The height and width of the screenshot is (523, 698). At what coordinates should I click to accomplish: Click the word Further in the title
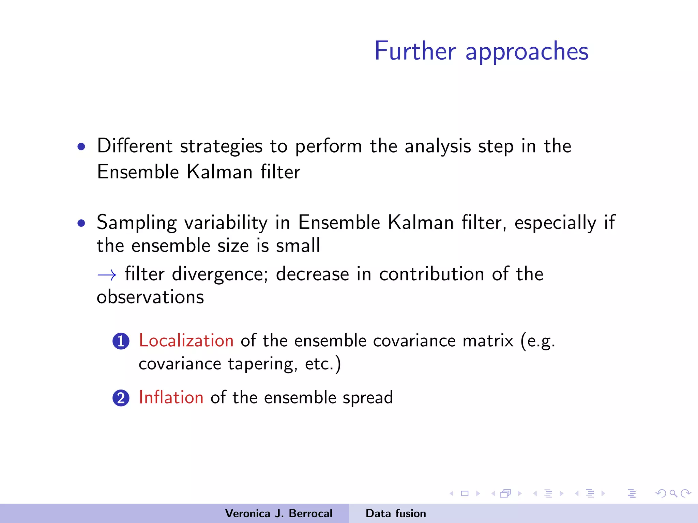[415, 51]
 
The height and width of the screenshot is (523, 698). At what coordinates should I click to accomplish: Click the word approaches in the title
[527, 52]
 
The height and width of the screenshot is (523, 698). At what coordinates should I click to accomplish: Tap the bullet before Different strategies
[81, 147]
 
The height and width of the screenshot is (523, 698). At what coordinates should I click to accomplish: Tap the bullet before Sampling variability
[81, 223]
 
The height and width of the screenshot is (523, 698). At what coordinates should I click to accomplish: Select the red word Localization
[186, 340]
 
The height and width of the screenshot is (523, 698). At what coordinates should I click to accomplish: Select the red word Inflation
[171, 397]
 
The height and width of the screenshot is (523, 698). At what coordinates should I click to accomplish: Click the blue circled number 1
[121, 341]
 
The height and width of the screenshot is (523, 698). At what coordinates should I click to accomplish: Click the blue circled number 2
[121, 398]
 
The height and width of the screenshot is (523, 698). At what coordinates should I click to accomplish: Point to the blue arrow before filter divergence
[107, 274]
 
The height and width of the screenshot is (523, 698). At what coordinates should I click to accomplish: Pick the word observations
[150, 297]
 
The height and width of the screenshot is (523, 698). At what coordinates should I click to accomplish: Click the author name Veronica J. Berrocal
[278, 513]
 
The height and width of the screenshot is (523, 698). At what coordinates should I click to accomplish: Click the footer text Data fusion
[396, 513]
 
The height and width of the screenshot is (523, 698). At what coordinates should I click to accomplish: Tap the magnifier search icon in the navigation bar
[673, 493]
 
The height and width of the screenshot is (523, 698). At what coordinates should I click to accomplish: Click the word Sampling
[137, 223]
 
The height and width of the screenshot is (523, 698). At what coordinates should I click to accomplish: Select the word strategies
[221, 147]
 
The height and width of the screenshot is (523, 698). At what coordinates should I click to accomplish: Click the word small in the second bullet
[298, 245]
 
